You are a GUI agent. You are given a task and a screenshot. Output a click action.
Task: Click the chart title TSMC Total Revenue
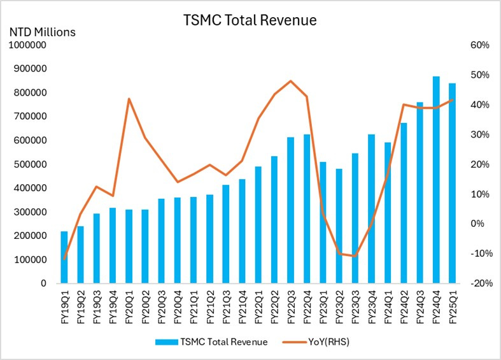click(x=250, y=20)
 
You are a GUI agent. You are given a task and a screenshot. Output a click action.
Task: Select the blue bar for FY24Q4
click(x=436, y=180)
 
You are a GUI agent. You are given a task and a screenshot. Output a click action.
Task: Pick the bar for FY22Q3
click(x=290, y=210)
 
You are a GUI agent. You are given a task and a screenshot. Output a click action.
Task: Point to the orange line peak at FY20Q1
click(x=129, y=99)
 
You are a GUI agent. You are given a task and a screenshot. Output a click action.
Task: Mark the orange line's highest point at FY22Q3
click(x=290, y=81)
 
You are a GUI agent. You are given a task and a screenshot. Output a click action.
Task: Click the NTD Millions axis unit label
click(x=41, y=31)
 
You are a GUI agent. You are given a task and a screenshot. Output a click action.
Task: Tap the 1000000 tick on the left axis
click(x=27, y=45)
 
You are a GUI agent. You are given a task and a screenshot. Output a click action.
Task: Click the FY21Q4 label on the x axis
click(x=243, y=306)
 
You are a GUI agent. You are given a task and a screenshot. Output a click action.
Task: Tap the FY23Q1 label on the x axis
click(x=323, y=306)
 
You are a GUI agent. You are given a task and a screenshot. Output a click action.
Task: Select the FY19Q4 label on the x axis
click(x=113, y=306)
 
